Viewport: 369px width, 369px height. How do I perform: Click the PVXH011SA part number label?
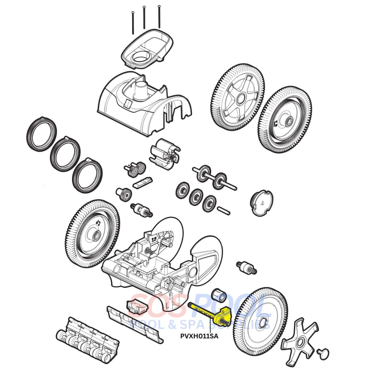(x=199, y=336)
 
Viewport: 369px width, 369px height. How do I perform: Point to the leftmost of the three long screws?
(x=132, y=21)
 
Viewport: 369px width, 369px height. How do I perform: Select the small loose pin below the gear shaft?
(x=223, y=210)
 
